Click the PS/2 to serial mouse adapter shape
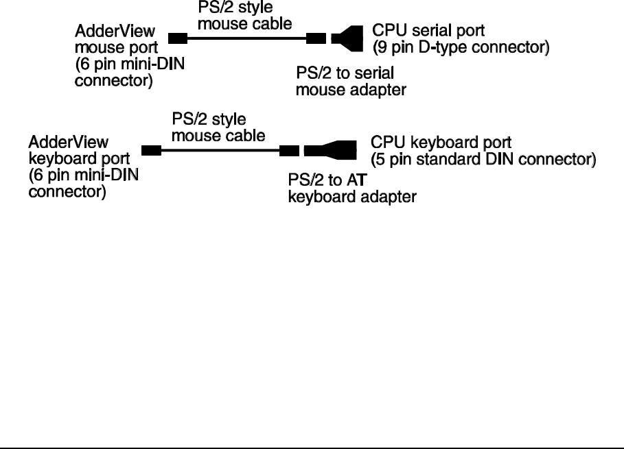click(347, 38)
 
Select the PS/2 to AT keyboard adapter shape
click(330, 150)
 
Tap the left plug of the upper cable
click(178, 38)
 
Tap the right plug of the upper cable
click(316, 38)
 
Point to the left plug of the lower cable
click(151, 151)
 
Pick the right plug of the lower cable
click(289, 151)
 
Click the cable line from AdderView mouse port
click(246, 38)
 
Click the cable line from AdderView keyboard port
click(220, 151)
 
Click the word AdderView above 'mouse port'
click(115, 31)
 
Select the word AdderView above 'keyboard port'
click(69, 143)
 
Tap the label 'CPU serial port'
click(428, 31)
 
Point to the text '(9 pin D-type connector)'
click(461, 47)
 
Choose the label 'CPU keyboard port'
click(441, 143)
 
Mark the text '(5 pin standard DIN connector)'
click(483, 159)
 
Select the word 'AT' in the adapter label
click(356, 180)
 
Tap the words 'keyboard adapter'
click(352, 197)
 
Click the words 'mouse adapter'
click(351, 90)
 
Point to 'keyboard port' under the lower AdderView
click(79, 159)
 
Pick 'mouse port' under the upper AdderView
click(116, 48)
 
